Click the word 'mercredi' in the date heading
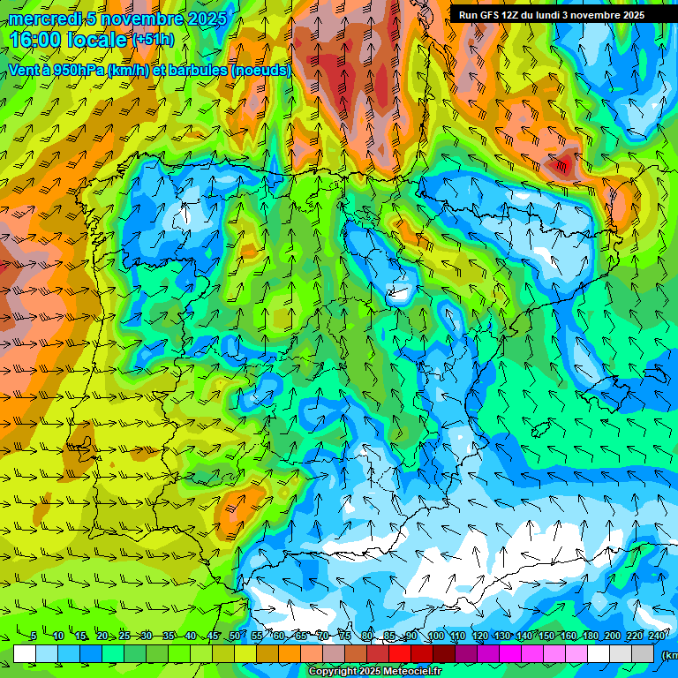[44, 19]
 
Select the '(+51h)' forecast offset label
[153, 40]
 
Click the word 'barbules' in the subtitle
[197, 70]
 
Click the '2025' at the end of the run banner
[632, 15]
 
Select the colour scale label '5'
[33, 637]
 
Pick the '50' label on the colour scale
[234, 637]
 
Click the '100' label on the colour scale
[435, 637]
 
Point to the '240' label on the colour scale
[657, 637]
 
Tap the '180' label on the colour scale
[590, 637]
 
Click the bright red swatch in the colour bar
[400, 653]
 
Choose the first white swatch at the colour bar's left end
[25, 653]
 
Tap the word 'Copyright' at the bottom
[333, 672]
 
